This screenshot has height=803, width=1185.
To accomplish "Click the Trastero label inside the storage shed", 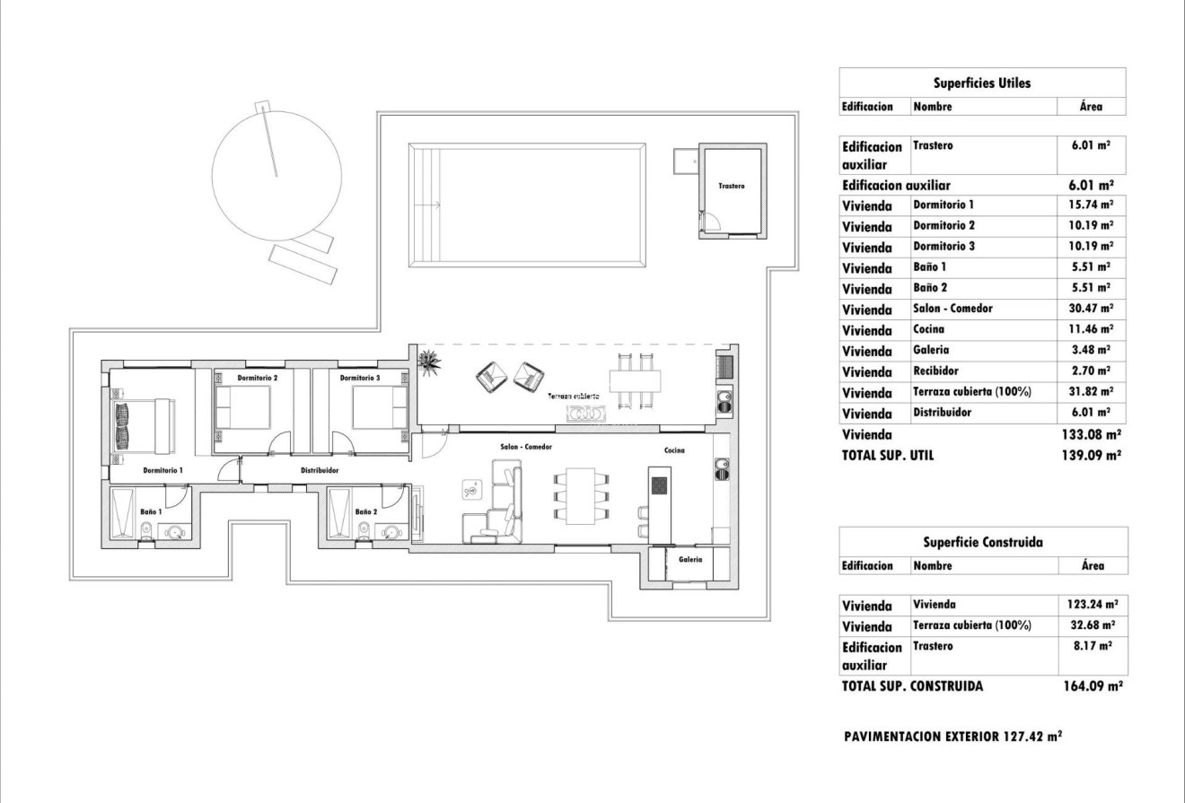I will (x=731, y=187).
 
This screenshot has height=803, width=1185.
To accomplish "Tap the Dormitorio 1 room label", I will (x=162, y=469).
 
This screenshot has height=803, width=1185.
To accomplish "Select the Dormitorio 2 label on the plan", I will (x=258, y=379).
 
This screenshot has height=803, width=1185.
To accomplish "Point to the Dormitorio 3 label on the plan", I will (x=360, y=379).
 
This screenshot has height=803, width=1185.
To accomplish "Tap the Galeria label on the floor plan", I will (x=690, y=559).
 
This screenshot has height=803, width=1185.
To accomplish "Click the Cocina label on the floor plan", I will (x=674, y=450).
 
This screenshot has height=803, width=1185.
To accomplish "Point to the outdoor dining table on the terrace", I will (x=635, y=380).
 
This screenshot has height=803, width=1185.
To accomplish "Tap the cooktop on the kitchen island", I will (x=659, y=484).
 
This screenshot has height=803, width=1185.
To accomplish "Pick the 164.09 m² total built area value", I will (x=1093, y=686).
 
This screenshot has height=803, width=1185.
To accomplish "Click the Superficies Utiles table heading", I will (x=982, y=83).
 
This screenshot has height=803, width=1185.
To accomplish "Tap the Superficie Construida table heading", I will (x=982, y=542).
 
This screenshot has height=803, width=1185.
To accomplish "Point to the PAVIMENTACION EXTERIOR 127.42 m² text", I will (x=953, y=737).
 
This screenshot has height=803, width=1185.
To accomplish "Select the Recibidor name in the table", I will (x=935, y=371).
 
